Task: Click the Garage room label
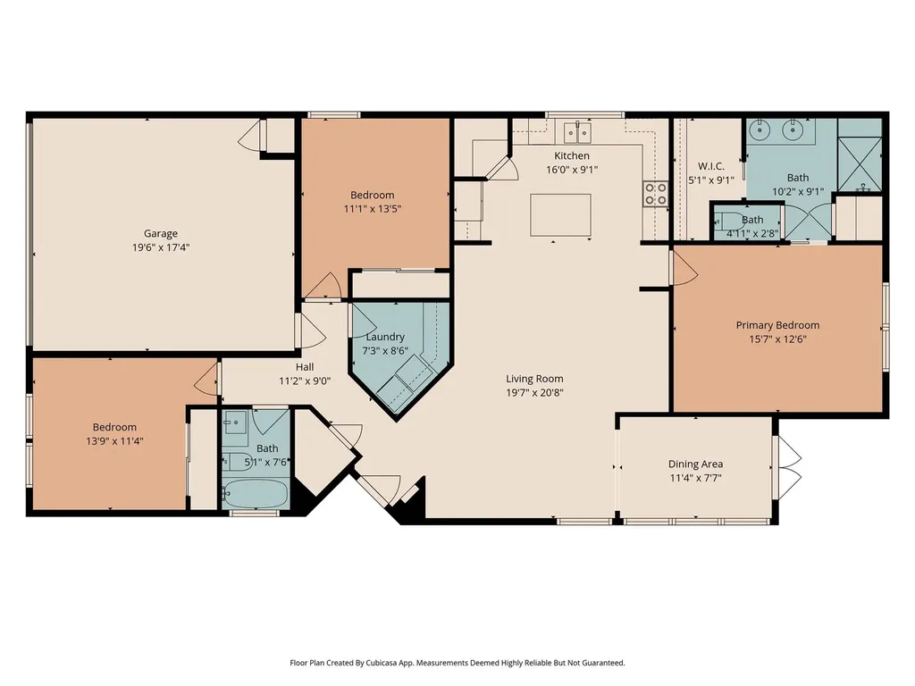tap(161, 233)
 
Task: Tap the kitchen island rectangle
tap(560, 214)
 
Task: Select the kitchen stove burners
tap(655, 194)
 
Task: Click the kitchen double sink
tap(578, 132)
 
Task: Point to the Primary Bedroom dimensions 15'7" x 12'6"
tap(778, 339)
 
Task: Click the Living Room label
tap(534, 379)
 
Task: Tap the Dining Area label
tap(695, 464)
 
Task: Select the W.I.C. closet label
tap(711, 166)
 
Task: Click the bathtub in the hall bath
tap(256, 493)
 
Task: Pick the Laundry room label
tap(385, 337)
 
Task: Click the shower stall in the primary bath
tap(859, 164)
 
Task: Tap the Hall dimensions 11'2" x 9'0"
tap(305, 381)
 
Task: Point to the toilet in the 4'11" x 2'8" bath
tap(725, 222)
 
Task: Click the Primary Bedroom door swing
tap(685, 268)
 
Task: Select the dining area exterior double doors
tap(787, 466)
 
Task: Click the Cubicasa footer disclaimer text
tap(457, 663)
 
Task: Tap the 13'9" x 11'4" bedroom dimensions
tap(114, 441)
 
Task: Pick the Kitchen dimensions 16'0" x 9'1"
tap(572, 170)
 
